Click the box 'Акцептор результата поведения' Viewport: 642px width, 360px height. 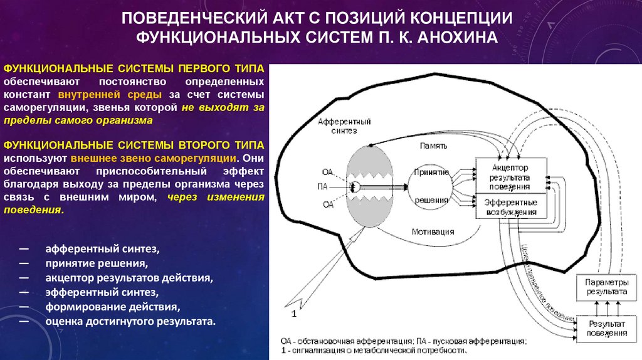pyautogui.click(x=510, y=177)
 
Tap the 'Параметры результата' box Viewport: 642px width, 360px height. pyautogui.click(x=606, y=287)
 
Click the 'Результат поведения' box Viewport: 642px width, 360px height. pyautogui.click(x=606, y=327)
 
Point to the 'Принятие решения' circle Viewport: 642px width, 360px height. pyautogui.click(x=431, y=186)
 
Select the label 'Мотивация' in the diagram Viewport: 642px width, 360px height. pyautogui.click(x=433, y=231)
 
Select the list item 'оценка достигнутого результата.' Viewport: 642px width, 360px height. pyautogui.click(x=130, y=322)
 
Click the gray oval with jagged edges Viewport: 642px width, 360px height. pyautogui.click(x=369, y=186)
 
